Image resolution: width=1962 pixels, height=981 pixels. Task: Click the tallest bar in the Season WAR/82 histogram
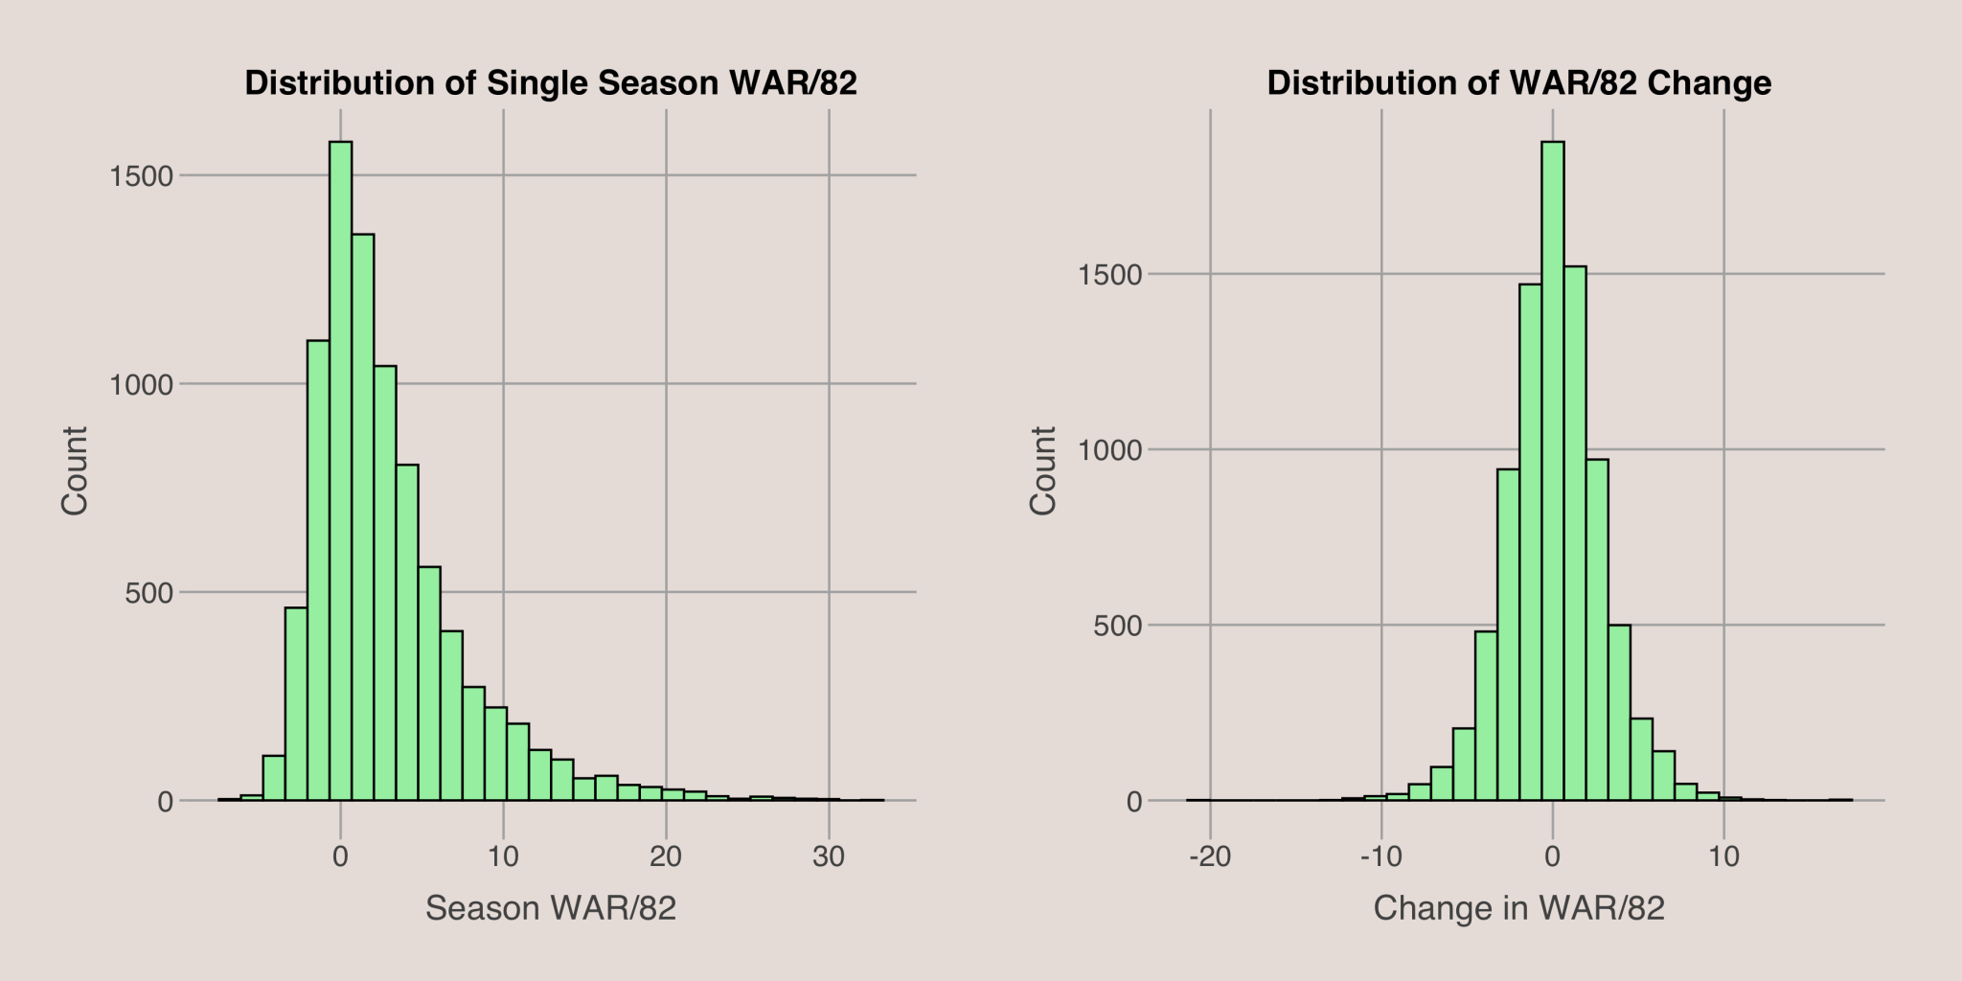[340, 469]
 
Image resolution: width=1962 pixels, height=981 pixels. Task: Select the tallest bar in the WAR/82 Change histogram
[1552, 469]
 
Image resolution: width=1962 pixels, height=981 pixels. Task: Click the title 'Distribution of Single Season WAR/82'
[551, 83]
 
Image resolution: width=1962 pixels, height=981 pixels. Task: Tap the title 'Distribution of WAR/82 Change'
[1518, 83]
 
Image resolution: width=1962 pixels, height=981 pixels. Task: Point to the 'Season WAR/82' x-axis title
[551, 908]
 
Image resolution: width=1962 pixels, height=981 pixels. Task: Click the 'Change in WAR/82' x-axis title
[1518, 908]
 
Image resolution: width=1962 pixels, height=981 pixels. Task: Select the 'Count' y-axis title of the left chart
[75, 470]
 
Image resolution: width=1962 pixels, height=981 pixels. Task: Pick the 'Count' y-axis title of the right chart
[1042, 470]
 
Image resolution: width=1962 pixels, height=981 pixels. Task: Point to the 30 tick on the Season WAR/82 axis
[829, 856]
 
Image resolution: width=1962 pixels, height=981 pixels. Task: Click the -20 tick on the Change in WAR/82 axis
[1210, 856]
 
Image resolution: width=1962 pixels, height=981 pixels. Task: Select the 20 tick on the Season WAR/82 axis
[666, 856]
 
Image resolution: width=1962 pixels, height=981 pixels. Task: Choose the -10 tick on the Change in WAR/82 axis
[1380, 856]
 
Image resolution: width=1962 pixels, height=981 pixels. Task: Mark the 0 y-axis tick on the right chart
[1134, 802]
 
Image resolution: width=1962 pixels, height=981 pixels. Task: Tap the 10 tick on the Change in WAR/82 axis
[1723, 856]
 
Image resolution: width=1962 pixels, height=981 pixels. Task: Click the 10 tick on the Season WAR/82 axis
[503, 856]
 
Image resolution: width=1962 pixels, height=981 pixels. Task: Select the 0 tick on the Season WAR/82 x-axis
[340, 856]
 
